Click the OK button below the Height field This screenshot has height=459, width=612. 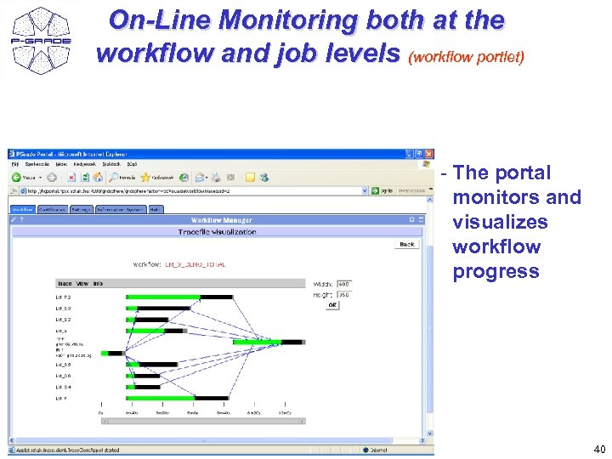[x=332, y=305]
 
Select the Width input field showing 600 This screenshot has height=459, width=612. [x=343, y=284]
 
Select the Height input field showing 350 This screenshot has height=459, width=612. [x=343, y=294]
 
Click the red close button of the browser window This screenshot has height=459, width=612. [x=429, y=154]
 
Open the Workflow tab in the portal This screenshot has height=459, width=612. [x=22, y=208]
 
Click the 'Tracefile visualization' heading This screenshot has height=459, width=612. [x=217, y=232]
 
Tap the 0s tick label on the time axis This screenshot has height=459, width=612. [x=100, y=412]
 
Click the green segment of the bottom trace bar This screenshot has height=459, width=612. [x=161, y=397]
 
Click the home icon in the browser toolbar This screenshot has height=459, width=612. [x=98, y=178]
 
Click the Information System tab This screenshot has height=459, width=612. [x=120, y=208]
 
